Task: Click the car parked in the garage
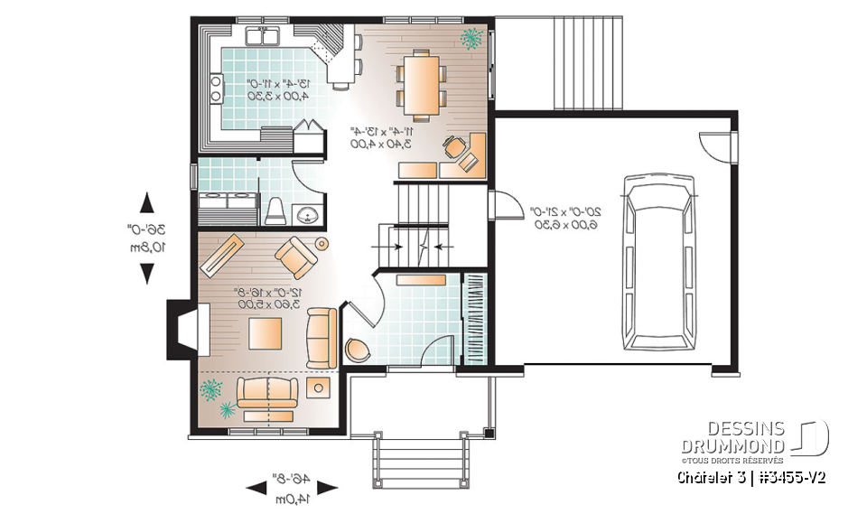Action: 664,264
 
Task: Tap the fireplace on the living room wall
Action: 182,333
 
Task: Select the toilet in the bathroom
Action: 276,210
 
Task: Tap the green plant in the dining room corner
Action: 471,37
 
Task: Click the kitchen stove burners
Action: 217,87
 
